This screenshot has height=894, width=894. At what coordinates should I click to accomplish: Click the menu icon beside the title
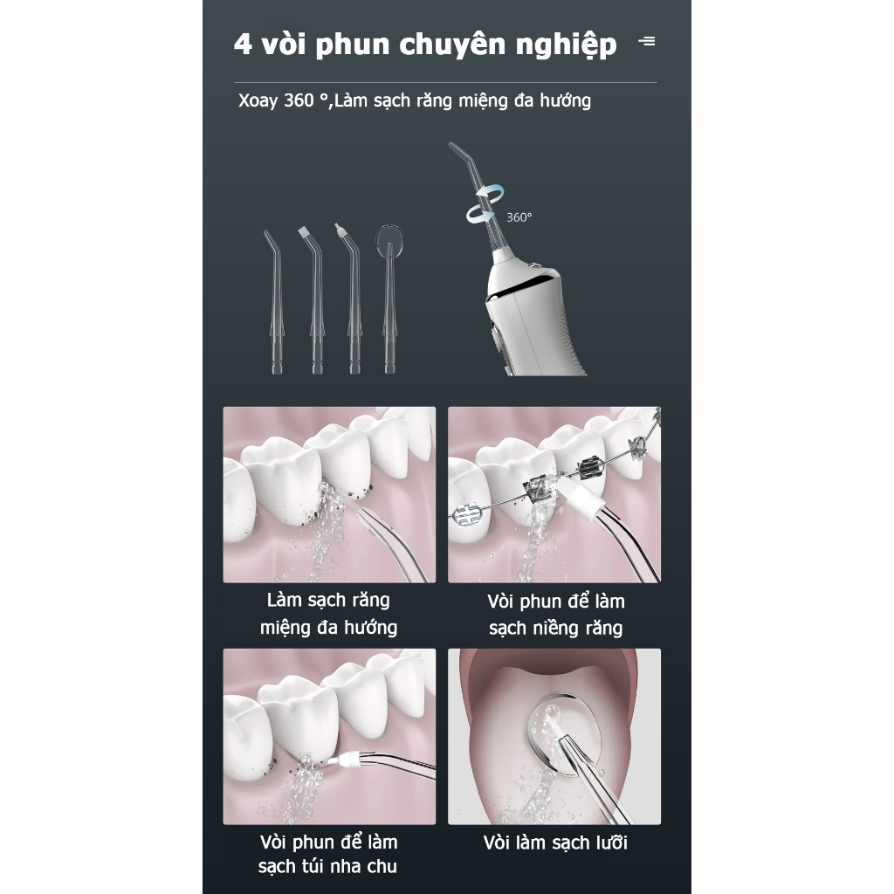(647, 41)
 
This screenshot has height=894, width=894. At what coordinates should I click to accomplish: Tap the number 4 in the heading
(243, 45)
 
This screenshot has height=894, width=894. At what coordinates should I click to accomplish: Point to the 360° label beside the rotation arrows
(519, 217)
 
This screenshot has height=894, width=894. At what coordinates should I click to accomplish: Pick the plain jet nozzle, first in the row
(275, 302)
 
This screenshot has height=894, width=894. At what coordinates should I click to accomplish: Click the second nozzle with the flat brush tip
(314, 299)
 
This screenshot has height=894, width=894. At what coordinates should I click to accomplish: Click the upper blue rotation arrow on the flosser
(492, 192)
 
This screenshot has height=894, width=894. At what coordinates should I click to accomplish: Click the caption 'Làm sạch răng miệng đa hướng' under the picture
(328, 614)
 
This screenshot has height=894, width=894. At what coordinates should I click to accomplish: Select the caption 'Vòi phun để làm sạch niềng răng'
(555, 615)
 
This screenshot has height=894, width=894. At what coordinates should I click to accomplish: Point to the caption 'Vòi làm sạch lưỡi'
(555, 842)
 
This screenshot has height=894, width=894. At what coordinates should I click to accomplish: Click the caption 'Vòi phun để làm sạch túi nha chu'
(328, 854)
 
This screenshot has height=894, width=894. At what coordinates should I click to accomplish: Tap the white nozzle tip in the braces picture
(584, 497)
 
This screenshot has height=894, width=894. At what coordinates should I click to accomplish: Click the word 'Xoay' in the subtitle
(258, 101)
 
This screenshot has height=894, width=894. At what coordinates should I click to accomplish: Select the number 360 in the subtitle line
(299, 100)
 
